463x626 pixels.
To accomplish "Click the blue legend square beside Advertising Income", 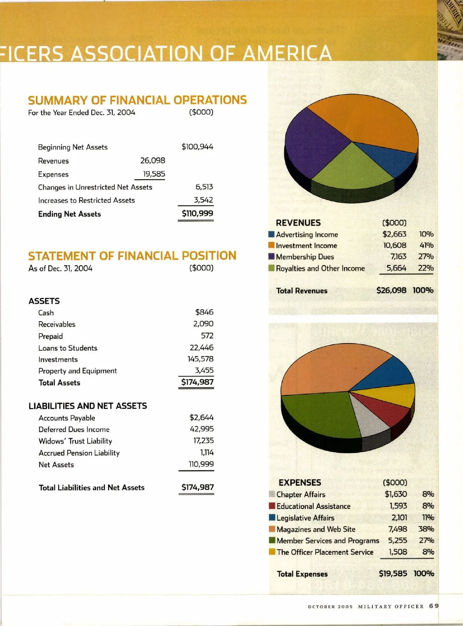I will [271, 234].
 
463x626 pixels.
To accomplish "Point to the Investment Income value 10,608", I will [394, 245].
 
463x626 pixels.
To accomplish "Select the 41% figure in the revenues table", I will [426, 245].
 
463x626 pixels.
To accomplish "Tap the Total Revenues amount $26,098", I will [391, 290].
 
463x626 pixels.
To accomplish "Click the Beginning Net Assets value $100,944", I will [197, 147].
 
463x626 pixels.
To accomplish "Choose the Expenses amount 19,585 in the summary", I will [154, 174].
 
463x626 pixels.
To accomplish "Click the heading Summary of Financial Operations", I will [137, 100].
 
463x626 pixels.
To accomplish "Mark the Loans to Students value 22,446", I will [201, 347].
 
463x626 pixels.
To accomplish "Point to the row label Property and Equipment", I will [78, 371].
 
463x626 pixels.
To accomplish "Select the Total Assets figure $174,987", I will [197, 382].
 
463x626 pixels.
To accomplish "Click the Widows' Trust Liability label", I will [75, 441].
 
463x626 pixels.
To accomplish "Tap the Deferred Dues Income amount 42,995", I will [201, 429].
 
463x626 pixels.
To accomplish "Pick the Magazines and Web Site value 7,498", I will [397, 529].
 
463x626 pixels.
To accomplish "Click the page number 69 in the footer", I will [434, 606].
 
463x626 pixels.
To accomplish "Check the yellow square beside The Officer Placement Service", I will [272, 552].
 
